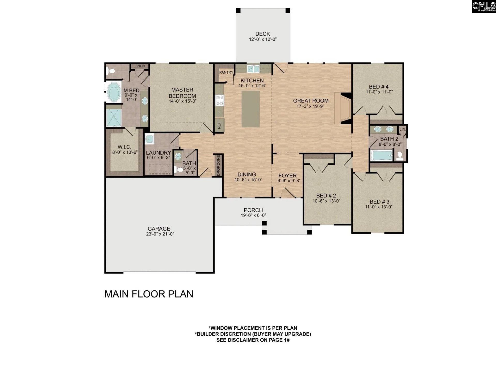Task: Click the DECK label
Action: pos(262,34)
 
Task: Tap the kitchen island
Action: pos(250,109)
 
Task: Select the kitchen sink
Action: pos(253,69)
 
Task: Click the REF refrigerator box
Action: pos(219,126)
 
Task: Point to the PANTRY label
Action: pos(226,72)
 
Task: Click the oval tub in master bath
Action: pos(113,92)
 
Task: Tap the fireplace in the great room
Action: pos(343,108)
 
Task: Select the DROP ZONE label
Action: pos(219,165)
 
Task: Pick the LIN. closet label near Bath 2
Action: pos(402,129)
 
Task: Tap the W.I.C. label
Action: pos(124,147)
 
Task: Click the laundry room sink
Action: pos(149,139)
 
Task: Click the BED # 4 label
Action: pos(379,87)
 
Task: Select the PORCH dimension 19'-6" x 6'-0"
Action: pos(253,215)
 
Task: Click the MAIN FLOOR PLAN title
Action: pos(149,294)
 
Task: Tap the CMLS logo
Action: pos(484,6)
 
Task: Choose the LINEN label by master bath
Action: pos(139,66)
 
